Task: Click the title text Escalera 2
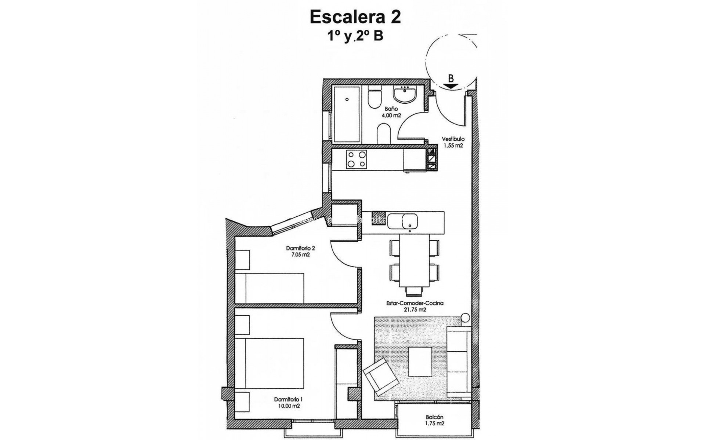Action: click(x=355, y=17)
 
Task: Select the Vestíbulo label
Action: click(x=453, y=139)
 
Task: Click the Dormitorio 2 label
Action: click(x=300, y=248)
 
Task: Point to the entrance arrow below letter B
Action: click(x=451, y=86)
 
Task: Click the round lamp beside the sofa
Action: click(x=465, y=318)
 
